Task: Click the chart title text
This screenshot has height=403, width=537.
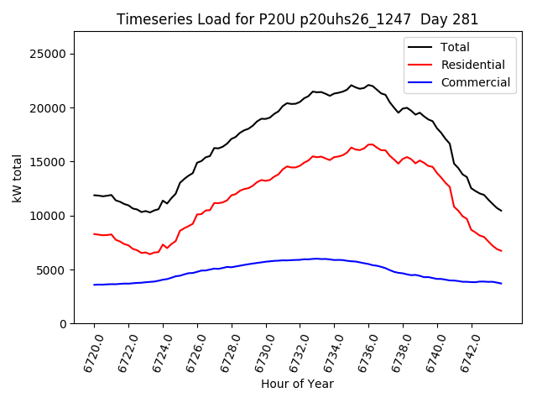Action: (x=297, y=19)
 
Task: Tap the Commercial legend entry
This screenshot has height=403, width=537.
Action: (x=475, y=82)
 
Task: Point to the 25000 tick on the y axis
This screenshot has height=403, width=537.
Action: (x=48, y=54)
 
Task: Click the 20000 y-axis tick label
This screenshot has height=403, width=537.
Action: (x=48, y=107)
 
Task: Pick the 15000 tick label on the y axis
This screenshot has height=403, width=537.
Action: (x=48, y=162)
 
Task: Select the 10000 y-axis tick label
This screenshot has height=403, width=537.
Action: (x=48, y=216)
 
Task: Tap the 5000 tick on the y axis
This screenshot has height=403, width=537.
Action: (x=51, y=270)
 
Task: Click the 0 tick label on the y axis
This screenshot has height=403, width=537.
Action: (x=62, y=324)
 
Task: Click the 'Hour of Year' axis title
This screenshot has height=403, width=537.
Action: (x=297, y=384)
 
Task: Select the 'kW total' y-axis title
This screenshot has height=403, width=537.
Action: (x=18, y=177)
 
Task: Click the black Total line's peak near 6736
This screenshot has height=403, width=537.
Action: (x=368, y=84)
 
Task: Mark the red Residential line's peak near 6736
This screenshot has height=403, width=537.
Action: (x=369, y=144)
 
